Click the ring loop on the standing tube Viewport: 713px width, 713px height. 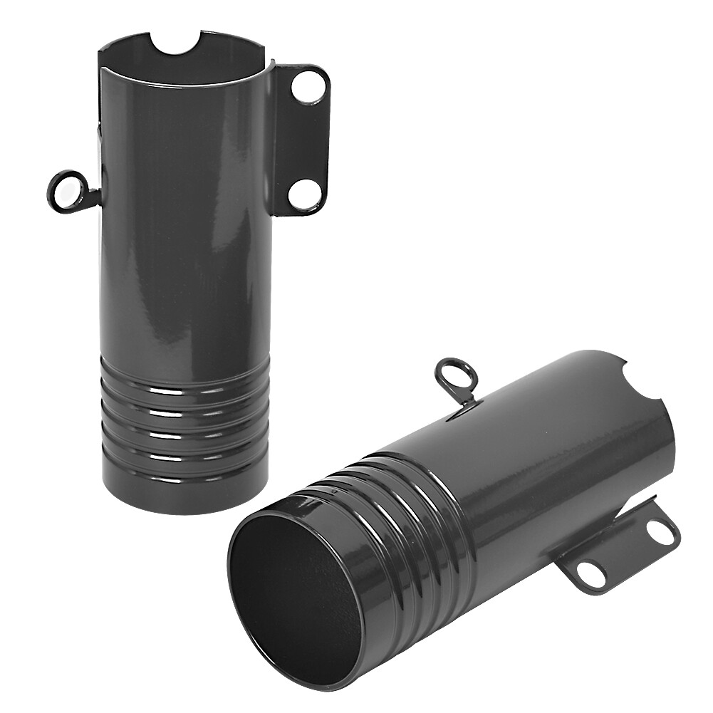66,189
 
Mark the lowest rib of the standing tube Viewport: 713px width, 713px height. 185,471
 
